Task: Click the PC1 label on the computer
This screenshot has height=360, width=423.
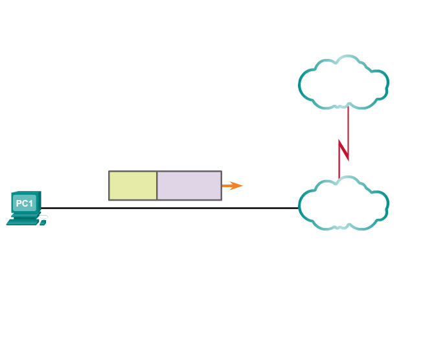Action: pyautogui.click(x=24, y=203)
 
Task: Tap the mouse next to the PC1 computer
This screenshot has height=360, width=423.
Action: pyautogui.click(x=43, y=223)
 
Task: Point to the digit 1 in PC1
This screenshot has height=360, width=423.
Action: pyautogui.click(x=30, y=203)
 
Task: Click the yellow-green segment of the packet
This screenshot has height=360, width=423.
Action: pyautogui.click(x=133, y=186)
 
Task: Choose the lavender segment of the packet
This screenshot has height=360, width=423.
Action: pyautogui.click(x=189, y=186)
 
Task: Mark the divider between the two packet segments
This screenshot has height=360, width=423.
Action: pyautogui.click(x=157, y=186)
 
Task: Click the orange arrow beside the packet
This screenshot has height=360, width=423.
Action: pyautogui.click(x=232, y=186)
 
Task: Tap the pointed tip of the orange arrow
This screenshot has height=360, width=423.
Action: pyautogui.click(x=243, y=186)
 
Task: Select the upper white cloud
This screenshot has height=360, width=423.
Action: pyautogui.click(x=343, y=82)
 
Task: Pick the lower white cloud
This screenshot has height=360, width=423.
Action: pyautogui.click(x=343, y=204)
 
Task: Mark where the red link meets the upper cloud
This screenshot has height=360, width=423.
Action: pyautogui.click(x=348, y=106)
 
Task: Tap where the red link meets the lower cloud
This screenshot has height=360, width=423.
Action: pyautogui.click(x=339, y=177)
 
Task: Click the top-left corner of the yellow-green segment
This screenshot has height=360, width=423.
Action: pyautogui.click(x=109, y=172)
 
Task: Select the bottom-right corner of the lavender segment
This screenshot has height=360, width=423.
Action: pyautogui.click(x=221, y=199)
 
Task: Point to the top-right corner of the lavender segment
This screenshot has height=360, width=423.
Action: pyautogui.click(x=221, y=172)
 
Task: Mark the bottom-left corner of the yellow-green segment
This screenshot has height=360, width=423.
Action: pyautogui.click(x=109, y=199)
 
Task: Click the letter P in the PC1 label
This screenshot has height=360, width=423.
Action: pyautogui.click(x=19, y=203)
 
